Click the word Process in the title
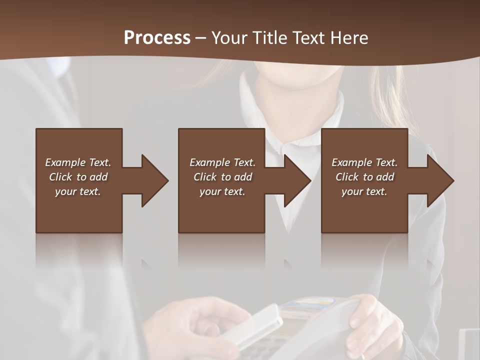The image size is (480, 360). [x=157, y=38]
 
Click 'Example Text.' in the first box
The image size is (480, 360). [x=78, y=162]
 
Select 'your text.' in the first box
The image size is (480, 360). [x=78, y=191]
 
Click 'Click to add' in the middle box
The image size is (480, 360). [x=222, y=177]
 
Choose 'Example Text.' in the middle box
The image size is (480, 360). [x=222, y=162]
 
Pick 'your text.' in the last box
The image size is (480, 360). [x=364, y=191]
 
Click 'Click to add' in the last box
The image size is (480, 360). [x=364, y=177]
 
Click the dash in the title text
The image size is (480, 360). [x=200, y=38]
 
